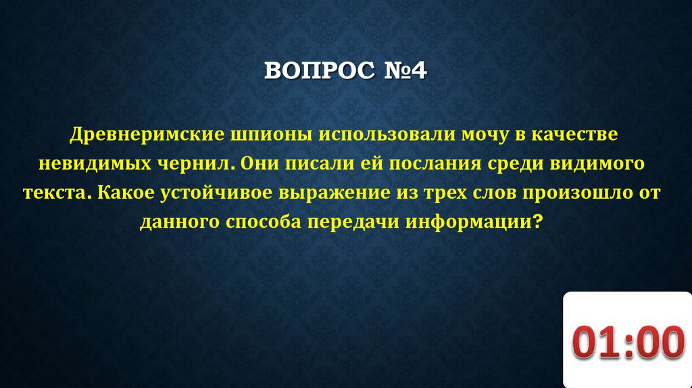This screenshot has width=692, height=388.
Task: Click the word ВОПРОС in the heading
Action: click(x=312, y=71)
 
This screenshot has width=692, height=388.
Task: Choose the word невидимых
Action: click(x=95, y=164)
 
